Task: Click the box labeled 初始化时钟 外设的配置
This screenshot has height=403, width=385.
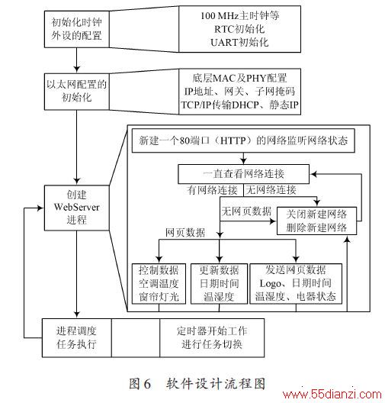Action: click(x=77, y=29)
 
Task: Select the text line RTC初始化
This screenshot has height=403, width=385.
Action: click(x=239, y=29)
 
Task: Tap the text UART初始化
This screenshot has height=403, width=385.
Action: click(x=239, y=43)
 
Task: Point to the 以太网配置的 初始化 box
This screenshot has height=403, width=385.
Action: click(x=77, y=92)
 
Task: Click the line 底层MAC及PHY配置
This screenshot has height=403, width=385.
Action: click(x=239, y=78)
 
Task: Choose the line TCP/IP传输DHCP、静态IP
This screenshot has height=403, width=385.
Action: click(x=239, y=105)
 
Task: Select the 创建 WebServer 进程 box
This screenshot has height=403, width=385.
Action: click(x=77, y=208)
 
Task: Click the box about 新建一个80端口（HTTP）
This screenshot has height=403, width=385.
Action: click(x=243, y=140)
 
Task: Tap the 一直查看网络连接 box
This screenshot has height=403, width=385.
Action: click(x=243, y=174)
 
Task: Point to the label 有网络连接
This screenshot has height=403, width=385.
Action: click(x=212, y=190)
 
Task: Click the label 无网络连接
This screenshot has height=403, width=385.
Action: click(x=271, y=190)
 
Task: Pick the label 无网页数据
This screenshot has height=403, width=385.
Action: click(x=246, y=211)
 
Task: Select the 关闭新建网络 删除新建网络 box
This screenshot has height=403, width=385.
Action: click(x=316, y=221)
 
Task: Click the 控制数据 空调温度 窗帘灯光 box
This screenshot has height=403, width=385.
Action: click(x=159, y=284)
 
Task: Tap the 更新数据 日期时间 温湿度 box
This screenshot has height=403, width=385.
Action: click(x=220, y=284)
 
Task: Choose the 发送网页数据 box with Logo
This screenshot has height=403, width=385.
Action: click(x=296, y=284)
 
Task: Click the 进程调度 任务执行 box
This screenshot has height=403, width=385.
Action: click(x=77, y=338)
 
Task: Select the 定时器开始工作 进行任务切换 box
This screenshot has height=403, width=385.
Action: click(x=212, y=338)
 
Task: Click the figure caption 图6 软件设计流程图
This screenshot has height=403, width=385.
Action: click(x=197, y=384)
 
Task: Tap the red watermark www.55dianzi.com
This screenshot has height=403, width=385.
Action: click(x=332, y=395)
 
